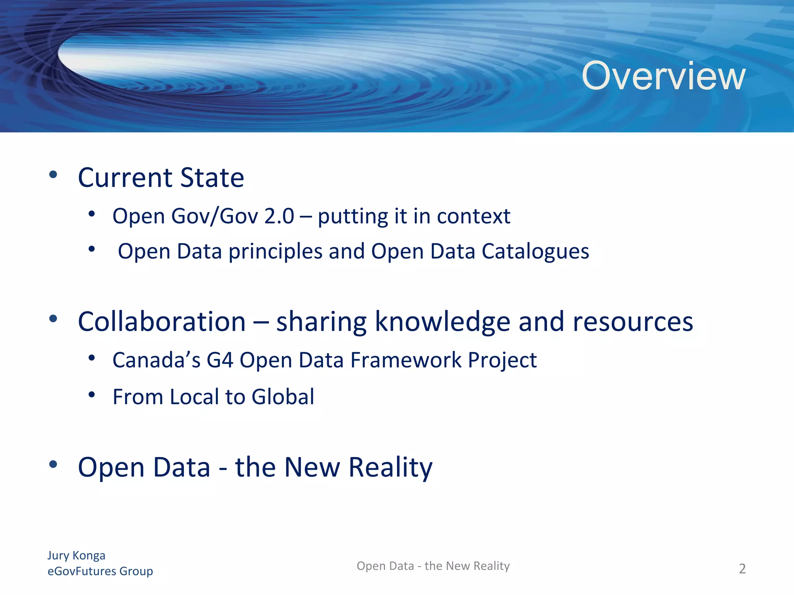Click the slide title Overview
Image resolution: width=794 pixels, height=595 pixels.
663,76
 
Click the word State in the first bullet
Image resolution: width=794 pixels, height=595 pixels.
212,178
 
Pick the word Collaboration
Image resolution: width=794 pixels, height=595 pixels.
162,322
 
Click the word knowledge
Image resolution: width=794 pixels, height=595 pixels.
442,322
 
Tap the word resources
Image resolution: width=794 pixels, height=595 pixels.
633,322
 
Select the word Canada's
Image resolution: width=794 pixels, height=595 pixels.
156,360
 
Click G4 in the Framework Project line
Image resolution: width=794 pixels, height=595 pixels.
219,360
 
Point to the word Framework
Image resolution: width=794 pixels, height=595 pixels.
406,360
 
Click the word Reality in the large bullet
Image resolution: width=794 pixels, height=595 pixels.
390,468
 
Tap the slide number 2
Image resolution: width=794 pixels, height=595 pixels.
742,569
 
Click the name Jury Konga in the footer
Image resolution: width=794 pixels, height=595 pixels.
76,555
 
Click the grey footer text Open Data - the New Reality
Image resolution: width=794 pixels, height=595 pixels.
433,566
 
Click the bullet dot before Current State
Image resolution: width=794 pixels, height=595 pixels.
54,174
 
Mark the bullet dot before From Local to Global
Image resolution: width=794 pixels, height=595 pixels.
91,395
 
